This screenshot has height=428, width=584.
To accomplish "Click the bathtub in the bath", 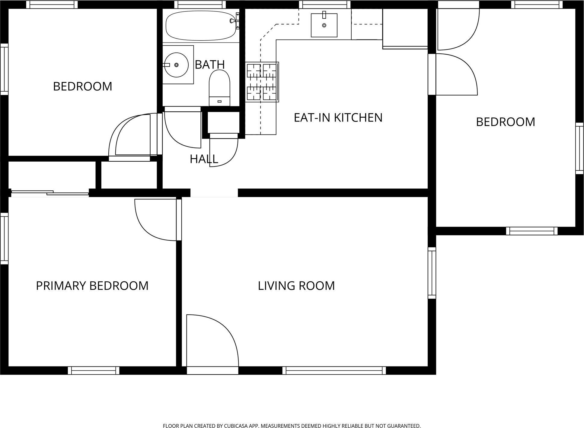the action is tap(201, 26).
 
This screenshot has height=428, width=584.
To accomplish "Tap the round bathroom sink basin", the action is tap(176, 65).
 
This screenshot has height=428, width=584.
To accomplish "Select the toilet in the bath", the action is tap(219, 88).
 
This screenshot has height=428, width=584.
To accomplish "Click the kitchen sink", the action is tap(324, 25).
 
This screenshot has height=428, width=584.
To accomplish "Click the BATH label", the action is tap(210, 65).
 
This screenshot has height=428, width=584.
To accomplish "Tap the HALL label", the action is tap(204, 159).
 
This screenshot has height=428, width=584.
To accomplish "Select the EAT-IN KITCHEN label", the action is tap(338, 117).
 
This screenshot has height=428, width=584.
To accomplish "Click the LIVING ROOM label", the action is tap(296, 286).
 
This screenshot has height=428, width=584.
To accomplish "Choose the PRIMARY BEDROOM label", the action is tap(92, 286).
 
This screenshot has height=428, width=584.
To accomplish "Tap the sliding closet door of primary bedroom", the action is tap(50, 193).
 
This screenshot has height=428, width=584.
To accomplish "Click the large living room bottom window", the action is tap(334, 370).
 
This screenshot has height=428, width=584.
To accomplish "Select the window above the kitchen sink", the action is tap(325, 5).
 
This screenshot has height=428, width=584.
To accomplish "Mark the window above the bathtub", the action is tap(200, 5).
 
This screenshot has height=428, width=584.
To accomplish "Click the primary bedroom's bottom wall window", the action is tap(94, 370).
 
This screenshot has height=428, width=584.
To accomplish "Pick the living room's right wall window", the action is tap(432, 273).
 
